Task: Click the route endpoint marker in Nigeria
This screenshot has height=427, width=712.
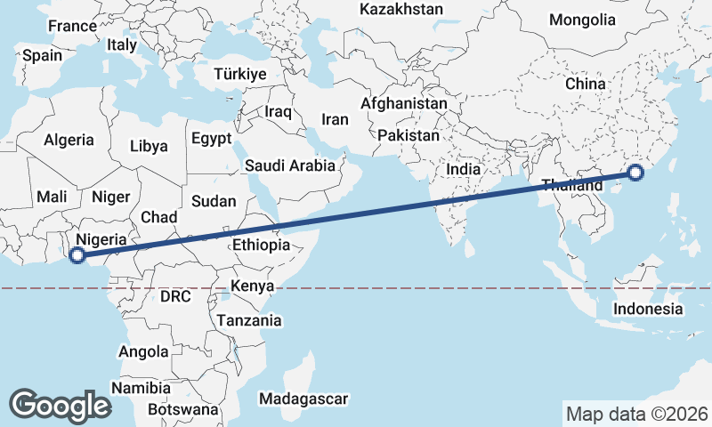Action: pyautogui.click(x=77, y=255)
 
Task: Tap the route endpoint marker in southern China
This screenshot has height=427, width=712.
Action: pyautogui.click(x=635, y=173)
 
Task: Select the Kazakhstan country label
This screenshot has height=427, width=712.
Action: pyautogui.click(x=400, y=10)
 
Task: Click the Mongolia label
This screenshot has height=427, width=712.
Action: pyautogui.click(x=582, y=20)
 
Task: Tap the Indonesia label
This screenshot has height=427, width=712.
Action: pyautogui.click(x=648, y=310)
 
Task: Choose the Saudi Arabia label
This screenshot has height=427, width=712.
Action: pyautogui.click(x=290, y=165)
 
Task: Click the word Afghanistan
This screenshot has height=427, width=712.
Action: pyautogui.click(x=403, y=104)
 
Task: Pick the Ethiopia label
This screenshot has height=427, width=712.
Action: pyautogui.click(x=261, y=246)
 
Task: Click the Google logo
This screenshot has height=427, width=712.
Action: pyautogui.click(x=60, y=406)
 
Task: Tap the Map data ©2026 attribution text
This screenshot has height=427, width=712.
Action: pyautogui.click(x=637, y=414)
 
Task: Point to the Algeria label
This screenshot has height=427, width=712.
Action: pyautogui.click(x=69, y=140)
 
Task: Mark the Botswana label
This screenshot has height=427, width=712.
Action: pyautogui.click(x=182, y=410)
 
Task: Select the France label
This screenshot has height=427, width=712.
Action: pyautogui.click(x=72, y=27)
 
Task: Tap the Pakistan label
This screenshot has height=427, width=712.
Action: pyautogui.click(x=409, y=136)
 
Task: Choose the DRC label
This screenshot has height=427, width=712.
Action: pyautogui.click(x=176, y=296)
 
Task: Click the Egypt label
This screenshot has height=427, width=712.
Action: pyautogui.click(x=211, y=139)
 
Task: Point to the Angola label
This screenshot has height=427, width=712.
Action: pyautogui.click(x=143, y=352)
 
